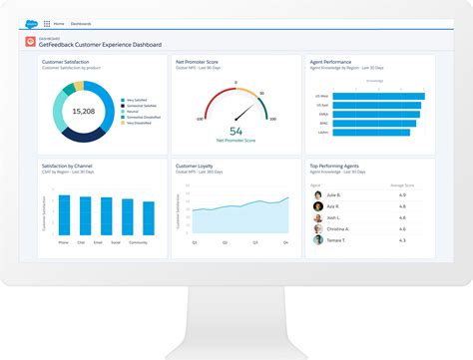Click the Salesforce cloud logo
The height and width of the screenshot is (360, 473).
coord(32,22)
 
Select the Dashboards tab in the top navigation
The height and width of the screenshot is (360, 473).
coord(81,23)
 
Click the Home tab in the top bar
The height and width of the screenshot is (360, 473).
coord(59,23)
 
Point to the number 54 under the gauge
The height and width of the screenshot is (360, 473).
coord(236,131)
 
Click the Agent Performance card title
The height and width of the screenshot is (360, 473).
coord(330,62)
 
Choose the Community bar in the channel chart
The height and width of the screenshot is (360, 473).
coord(139,217)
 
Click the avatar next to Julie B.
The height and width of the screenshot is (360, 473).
coord(318,195)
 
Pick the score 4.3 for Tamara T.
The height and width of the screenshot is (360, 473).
coord(404,240)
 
